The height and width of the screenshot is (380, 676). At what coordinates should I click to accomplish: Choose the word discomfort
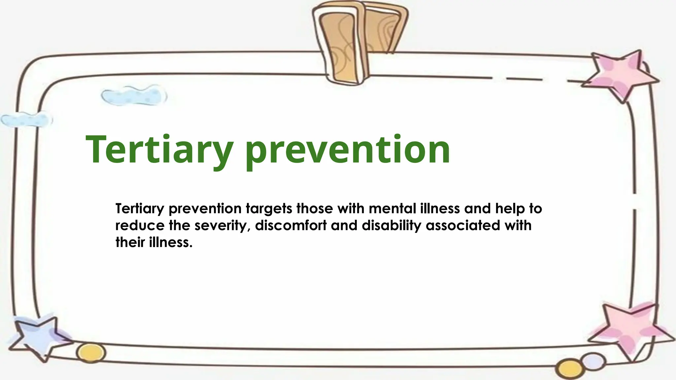(291, 226)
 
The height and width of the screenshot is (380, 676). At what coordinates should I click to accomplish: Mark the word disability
(391, 226)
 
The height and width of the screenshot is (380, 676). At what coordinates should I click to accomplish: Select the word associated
(463, 226)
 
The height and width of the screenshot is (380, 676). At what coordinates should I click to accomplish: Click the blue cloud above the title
(134, 95)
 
